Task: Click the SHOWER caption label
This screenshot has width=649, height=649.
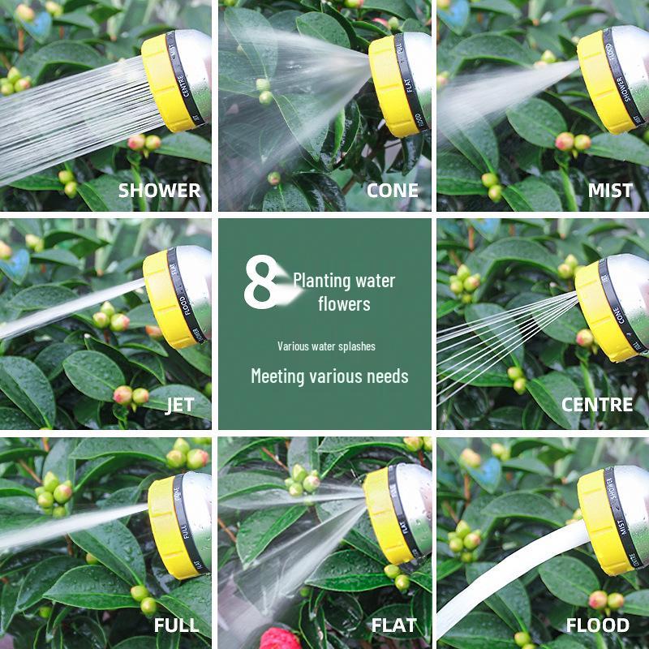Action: (x=159, y=191)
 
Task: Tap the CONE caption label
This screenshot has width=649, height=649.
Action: (x=393, y=191)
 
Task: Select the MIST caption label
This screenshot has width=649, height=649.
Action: (x=610, y=191)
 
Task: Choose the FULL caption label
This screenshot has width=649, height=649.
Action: (x=178, y=625)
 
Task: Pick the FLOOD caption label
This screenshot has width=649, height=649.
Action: (x=597, y=625)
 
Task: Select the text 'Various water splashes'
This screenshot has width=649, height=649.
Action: (x=326, y=346)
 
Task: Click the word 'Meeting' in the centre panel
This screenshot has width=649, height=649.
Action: (x=280, y=376)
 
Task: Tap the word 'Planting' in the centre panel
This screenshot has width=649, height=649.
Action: (x=322, y=282)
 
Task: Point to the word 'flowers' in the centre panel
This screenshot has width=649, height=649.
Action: (x=344, y=304)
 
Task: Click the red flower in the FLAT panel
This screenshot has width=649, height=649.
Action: (x=280, y=639)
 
